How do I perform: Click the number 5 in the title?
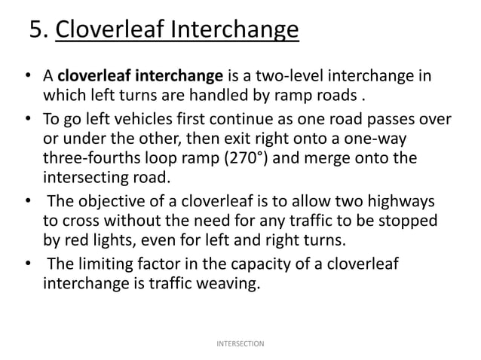(x=36, y=32)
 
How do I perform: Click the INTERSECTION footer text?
(x=240, y=344)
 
